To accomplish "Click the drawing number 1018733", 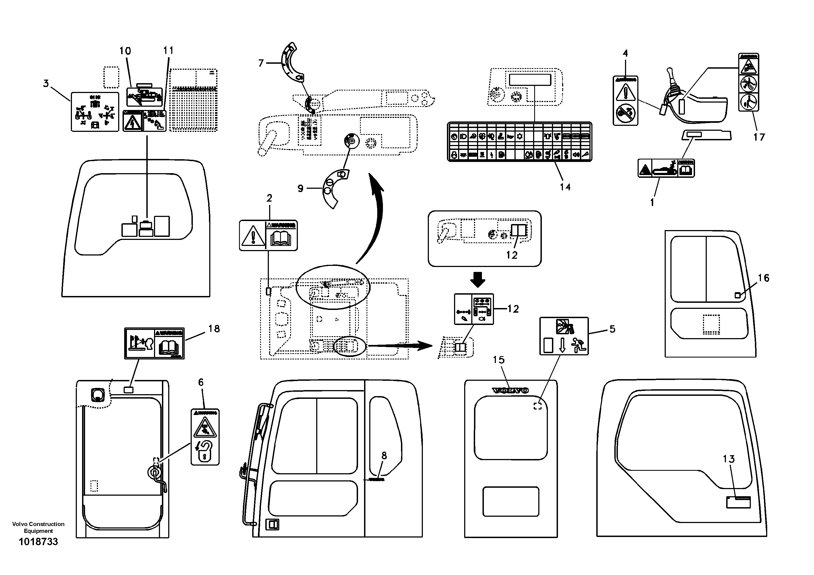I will coord(38,542).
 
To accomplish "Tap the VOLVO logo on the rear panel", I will coord(510,390).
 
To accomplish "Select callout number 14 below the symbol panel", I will coord(565,187).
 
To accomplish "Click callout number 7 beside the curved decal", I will coord(261,63).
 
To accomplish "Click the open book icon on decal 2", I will coord(280,238).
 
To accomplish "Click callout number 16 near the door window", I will coord(763,278).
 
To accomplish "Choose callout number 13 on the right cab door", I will coord(729,459).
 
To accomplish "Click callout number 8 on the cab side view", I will coord(384,455).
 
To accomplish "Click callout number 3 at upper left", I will coord(46,84).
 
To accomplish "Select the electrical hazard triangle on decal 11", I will coord(132,122).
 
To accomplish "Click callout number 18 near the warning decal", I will coord(214,329).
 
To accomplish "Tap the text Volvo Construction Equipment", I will coord(38,527).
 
